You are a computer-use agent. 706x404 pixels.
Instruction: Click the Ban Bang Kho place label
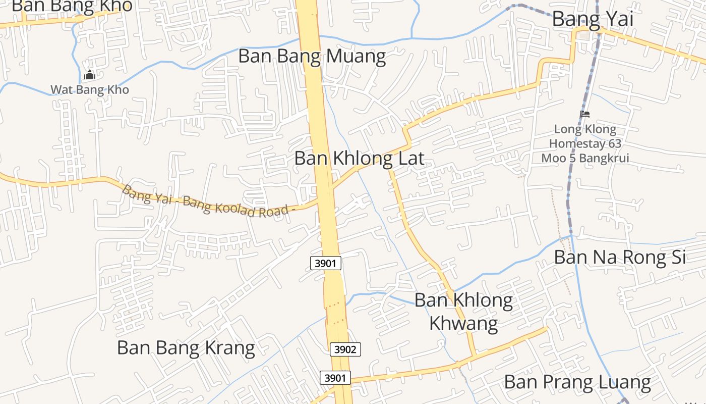click(x=72, y=6)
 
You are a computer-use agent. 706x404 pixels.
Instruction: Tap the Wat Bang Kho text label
click(x=90, y=90)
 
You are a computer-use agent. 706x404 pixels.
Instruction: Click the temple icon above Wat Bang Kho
click(x=90, y=76)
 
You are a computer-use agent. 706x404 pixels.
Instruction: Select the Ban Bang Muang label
click(x=312, y=56)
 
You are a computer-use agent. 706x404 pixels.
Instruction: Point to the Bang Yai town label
click(x=593, y=19)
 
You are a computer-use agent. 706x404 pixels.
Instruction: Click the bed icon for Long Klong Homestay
click(x=585, y=114)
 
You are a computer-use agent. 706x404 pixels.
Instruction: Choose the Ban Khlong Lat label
click(x=359, y=158)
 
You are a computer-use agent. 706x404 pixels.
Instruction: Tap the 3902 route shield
click(x=345, y=349)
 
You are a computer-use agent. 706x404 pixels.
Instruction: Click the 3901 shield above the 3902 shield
click(x=326, y=263)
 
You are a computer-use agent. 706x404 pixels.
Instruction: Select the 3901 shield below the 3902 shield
click(x=335, y=378)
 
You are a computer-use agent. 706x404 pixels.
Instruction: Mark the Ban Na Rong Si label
click(x=620, y=257)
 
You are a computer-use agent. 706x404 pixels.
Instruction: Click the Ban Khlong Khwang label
click(x=463, y=311)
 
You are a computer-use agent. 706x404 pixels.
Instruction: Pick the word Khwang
click(x=463, y=323)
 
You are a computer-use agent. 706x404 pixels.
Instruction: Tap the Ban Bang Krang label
click(x=186, y=348)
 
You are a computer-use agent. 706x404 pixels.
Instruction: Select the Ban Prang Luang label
click(x=577, y=382)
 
